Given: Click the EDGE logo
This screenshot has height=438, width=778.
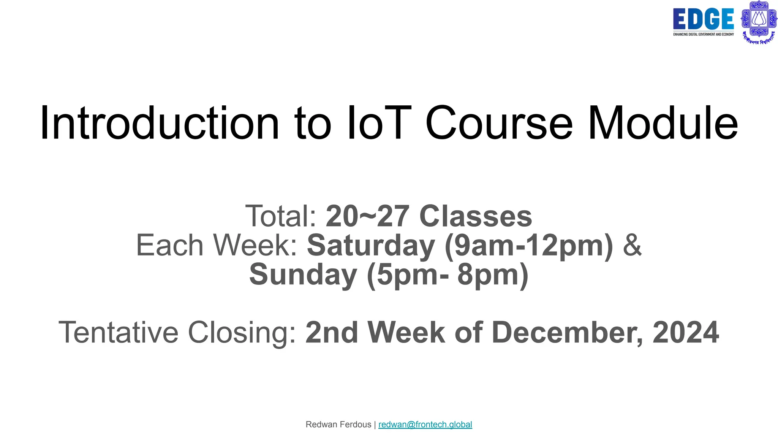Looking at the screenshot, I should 703,21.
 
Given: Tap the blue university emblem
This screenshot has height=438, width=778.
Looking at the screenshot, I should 759,22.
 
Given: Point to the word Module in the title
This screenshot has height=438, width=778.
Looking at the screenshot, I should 663,123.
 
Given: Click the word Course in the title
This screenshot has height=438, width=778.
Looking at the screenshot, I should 499,123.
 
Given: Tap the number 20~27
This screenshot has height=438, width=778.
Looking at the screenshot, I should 367,216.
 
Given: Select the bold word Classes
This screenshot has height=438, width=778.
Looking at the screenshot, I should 476,216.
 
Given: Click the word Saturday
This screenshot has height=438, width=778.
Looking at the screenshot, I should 371,245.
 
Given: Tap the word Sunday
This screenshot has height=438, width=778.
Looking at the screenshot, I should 303,275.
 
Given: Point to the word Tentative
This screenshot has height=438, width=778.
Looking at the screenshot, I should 118,332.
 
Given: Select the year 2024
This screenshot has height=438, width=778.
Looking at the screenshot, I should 686,332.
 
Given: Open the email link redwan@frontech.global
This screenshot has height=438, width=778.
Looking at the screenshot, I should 425,424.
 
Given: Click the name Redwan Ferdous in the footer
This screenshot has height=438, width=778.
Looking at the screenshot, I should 338,424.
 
